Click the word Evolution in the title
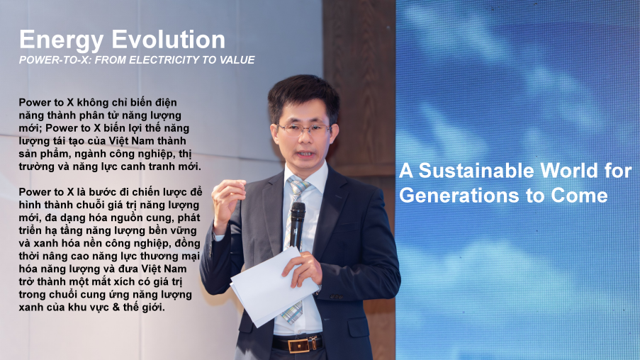tap(168, 40)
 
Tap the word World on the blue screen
tap(569, 171)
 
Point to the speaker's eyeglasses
tap(304, 130)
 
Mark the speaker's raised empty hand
tap(227, 204)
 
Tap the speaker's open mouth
tap(306, 154)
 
